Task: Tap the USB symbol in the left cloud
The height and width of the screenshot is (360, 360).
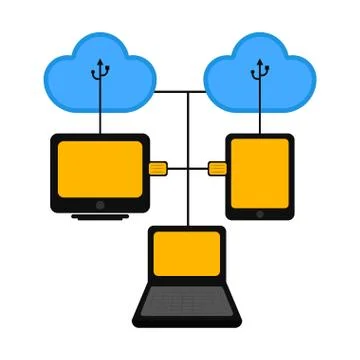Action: pos(99,70)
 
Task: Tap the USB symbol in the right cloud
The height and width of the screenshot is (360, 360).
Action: pos(260,70)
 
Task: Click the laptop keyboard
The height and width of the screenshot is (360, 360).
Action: pos(187,299)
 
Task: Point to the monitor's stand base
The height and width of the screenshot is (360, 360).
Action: pos(99,216)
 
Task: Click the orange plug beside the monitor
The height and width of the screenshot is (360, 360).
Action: pos(158,168)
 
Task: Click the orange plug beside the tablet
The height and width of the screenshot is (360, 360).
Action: pos(217,168)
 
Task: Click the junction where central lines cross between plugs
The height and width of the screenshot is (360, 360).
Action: pos(187,168)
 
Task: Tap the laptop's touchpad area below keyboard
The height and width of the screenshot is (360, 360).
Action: pos(187,318)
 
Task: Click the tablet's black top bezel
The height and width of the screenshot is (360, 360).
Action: pos(260,136)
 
